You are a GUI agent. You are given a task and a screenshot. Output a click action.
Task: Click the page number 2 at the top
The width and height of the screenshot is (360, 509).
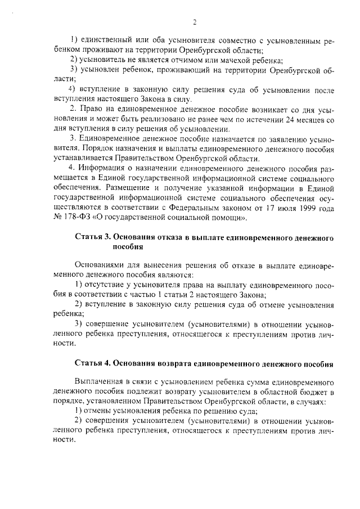pos(195,22)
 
